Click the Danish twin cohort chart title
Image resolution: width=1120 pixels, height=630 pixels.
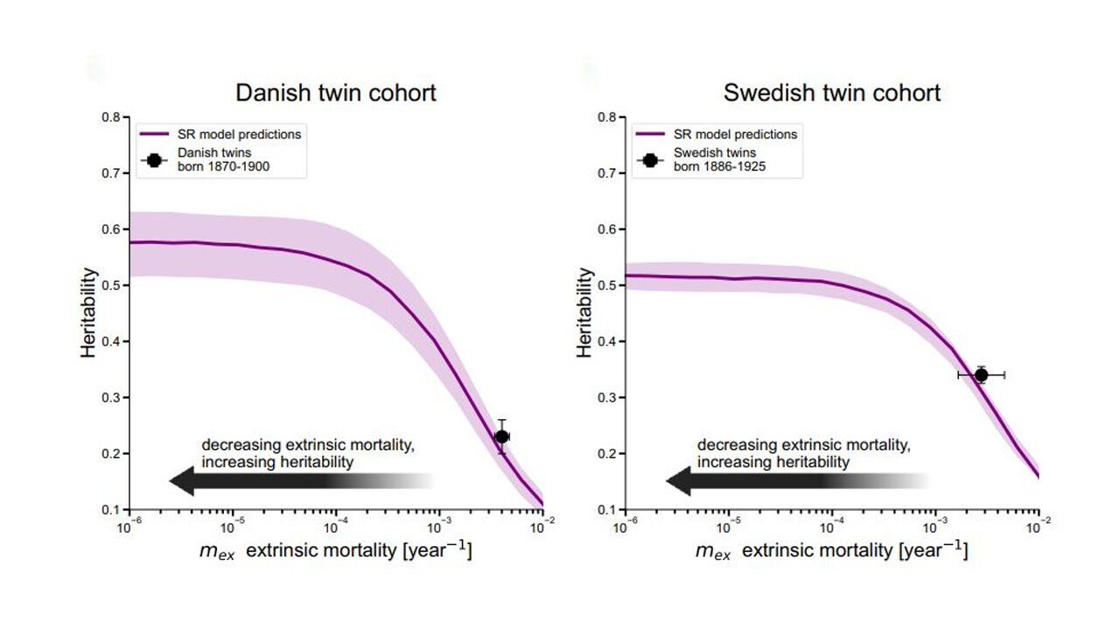pyautogui.click(x=336, y=93)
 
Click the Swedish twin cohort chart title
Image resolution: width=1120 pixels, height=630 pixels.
pyautogui.click(x=831, y=93)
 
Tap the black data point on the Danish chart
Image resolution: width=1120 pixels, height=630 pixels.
pyautogui.click(x=501, y=437)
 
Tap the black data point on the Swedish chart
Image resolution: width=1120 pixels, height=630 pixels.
pyautogui.click(x=981, y=374)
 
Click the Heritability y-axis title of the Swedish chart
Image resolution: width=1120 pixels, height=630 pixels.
pyautogui.click(x=584, y=313)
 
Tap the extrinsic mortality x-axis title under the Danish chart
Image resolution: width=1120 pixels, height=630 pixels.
pyautogui.click(x=336, y=551)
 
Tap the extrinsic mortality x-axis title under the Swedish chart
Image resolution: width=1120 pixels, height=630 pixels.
pyautogui.click(x=831, y=551)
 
